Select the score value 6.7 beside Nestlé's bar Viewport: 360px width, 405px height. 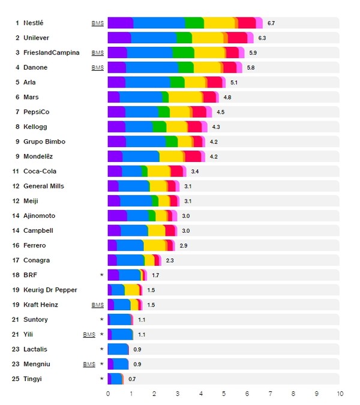271,23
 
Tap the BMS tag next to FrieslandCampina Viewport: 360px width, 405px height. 97,53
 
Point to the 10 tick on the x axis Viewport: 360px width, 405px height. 340,394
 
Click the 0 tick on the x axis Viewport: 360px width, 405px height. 108,394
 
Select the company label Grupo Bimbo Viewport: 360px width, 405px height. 44,142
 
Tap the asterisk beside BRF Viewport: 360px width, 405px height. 102,275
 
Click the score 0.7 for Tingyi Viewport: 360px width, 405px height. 132,379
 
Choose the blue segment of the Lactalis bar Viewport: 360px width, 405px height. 120,349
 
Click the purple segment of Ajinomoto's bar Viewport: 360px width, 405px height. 117,216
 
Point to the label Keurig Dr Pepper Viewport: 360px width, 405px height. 50,290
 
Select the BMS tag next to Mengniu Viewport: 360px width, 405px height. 89,364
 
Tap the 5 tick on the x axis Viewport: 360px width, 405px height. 224,394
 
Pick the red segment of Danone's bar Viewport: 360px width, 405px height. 230,68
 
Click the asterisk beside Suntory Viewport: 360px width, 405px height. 102,320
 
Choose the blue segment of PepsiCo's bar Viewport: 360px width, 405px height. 142,112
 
